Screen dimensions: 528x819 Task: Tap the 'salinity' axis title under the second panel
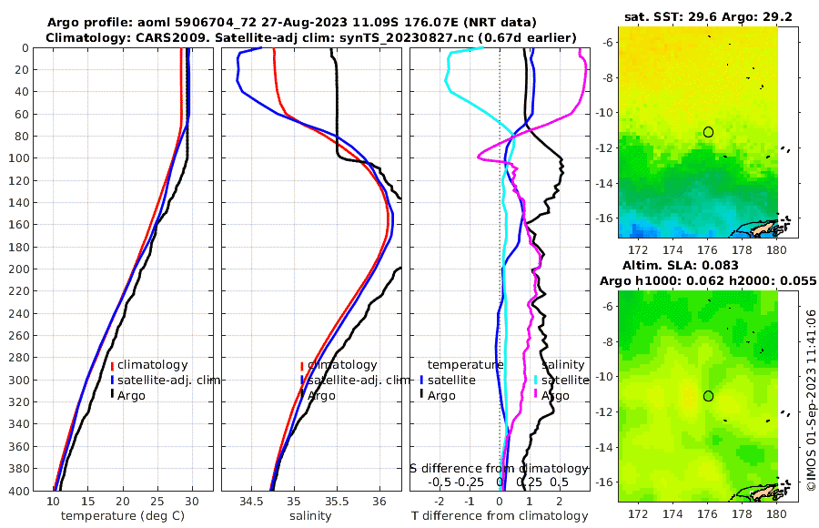[x=309, y=516]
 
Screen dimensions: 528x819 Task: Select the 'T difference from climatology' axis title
[x=500, y=516]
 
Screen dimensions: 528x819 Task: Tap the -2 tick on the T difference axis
[x=440, y=502]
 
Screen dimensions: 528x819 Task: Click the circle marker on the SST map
[x=708, y=132]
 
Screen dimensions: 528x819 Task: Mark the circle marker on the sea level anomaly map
[x=708, y=396]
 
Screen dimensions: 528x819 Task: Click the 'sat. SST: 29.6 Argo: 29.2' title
[x=697, y=16]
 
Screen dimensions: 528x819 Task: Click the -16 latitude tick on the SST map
[x=608, y=218]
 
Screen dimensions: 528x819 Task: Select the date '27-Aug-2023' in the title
[x=267, y=22]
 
